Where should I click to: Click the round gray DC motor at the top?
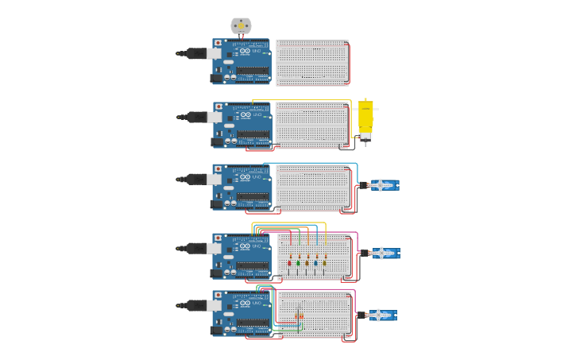pyautogui.click(x=241, y=26)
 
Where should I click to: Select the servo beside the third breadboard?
pyautogui.click(x=383, y=185)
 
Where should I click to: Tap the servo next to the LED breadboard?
pyautogui.click(x=384, y=254)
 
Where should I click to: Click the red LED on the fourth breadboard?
pyautogui.click(x=289, y=262)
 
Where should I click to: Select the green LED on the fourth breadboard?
pyautogui.click(x=298, y=262)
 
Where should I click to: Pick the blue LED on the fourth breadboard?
pyautogui.click(x=315, y=262)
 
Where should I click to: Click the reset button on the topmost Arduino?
pyautogui.click(x=218, y=43)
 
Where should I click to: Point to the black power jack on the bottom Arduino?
pyautogui.click(x=216, y=331)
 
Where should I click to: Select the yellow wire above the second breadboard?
pyautogui.click(x=302, y=100)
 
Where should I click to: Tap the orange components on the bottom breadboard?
pyautogui.click(x=300, y=316)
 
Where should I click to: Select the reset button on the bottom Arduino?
pyautogui.click(x=218, y=295)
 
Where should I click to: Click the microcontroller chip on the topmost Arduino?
pyautogui.click(x=253, y=70)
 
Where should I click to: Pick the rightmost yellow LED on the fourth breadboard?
pyautogui.click(x=324, y=262)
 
